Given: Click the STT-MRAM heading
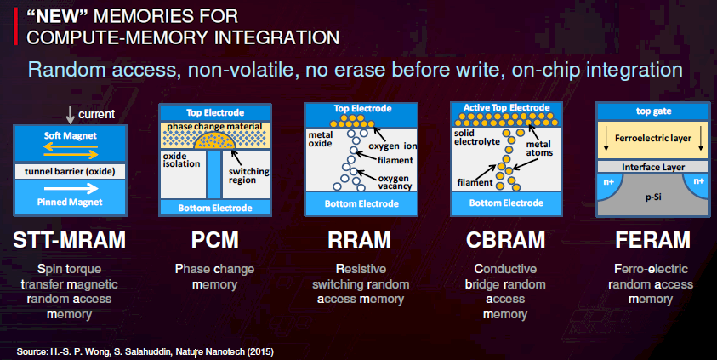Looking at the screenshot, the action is pyautogui.click(x=70, y=240).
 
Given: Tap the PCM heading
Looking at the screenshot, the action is pyautogui.click(x=215, y=240).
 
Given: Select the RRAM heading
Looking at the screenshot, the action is pyautogui.click(x=360, y=240).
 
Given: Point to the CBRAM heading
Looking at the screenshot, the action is pyautogui.click(x=506, y=240).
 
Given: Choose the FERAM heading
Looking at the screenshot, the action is pyautogui.click(x=652, y=240).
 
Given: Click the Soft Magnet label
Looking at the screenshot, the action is pyautogui.click(x=71, y=135).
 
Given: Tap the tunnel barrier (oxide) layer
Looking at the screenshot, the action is pyautogui.click(x=70, y=172).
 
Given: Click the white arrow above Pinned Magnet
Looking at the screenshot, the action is pyautogui.click(x=71, y=188).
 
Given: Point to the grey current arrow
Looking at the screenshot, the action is pyautogui.click(x=70, y=115).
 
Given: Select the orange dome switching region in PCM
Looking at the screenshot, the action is pyautogui.click(x=214, y=140).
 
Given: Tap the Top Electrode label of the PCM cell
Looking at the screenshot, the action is pyautogui.click(x=215, y=112).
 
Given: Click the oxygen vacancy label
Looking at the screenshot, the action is pyautogui.click(x=395, y=182).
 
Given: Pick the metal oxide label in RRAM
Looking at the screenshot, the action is pyautogui.click(x=321, y=139).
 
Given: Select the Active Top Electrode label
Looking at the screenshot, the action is pyautogui.click(x=506, y=107).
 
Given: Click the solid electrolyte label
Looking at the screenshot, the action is pyautogui.click(x=477, y=137).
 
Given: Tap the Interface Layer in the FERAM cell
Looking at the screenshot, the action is pyautogui.click(x=653, y=167).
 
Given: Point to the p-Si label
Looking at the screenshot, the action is pyautogui.click(x=653, y=197).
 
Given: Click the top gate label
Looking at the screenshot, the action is pyautogui.click(x=653, y=111).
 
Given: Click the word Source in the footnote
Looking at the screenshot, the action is pyautogui.click(x=31, y=351).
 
